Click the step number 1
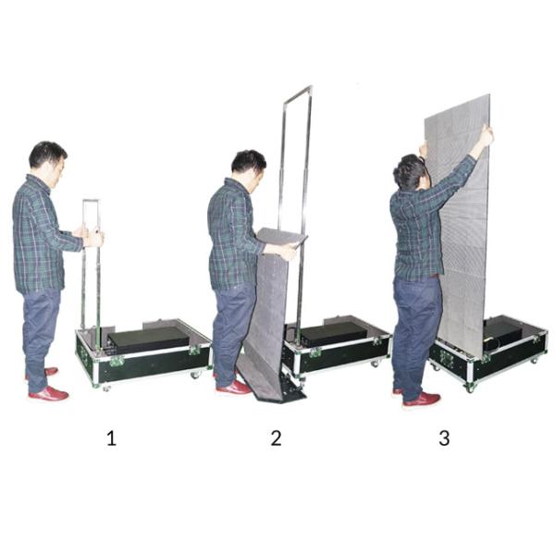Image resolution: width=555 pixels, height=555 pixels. pyautogui.click(x=112, y=438)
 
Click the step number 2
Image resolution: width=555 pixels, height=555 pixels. pyautogui.click(x=276, y=438)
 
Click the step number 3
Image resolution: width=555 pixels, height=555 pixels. pyautogui.click(x=444, y=438)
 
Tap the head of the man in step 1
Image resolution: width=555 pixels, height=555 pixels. pyautogui.click(x=48, y=158)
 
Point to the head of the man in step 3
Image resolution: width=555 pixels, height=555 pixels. pyautogui.click(x=411, y=172)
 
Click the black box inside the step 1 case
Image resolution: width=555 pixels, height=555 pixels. pyautogui.click(x=149, y=339)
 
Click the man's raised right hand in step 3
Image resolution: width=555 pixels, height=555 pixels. pyautogui.click(x=487, y=136)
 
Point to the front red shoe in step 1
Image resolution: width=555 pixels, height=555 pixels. pyautogui.click(x=48, y=394)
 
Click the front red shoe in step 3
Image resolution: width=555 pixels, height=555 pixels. pyautogui.click(x=423, y=400)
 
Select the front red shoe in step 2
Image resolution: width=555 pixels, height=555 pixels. pyautogui.click(x=234, y=387)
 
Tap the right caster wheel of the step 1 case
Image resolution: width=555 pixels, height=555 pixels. pyautogui.click(x=195, y=374)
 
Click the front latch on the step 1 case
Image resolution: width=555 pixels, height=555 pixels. pyautogui.click(x=117, y=361)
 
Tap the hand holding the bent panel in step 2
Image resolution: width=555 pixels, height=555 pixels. pyautogui.click(x=289, y=252)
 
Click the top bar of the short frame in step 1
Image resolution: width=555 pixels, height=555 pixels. pyautogui.click(x=92, y=201)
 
